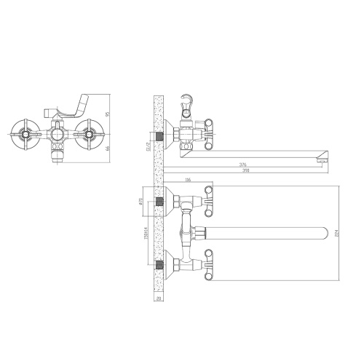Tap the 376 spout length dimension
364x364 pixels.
point(242,165)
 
